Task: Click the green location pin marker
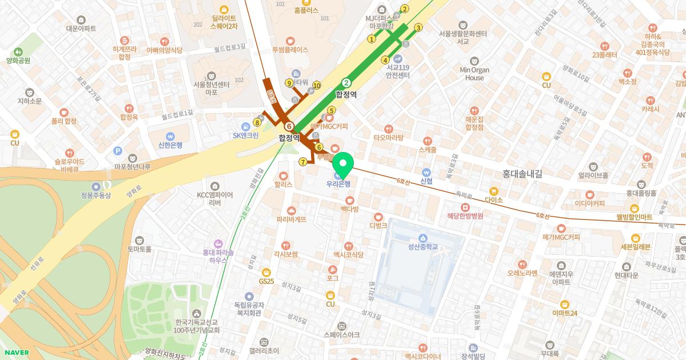coord(342,164)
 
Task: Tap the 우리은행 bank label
coord(338,184)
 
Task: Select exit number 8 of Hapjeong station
coord(257,122)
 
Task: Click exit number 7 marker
coord(302,162)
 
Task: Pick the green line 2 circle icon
coord(346,82)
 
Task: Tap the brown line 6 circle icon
coord(289,126)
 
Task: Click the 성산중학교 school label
coord(422,247)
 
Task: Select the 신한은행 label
coord(170,145)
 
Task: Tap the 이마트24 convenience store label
coord(565,313)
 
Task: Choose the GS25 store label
coord(266,281)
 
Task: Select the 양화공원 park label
coord(18,60)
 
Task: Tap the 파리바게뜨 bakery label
coord(292,219)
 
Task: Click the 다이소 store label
coord(493,199)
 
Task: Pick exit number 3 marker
coord(418,27)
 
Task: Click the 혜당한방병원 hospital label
coord(465,216)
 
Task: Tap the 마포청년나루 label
coord(132,166)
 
